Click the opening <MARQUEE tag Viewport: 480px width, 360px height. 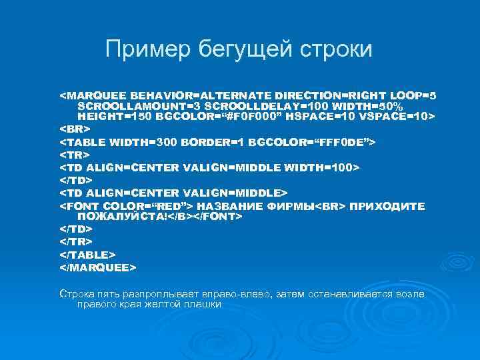[x=93, y=95]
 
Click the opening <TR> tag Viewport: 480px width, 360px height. [x=75, y=154]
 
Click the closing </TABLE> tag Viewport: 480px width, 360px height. [x=88, y=255]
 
